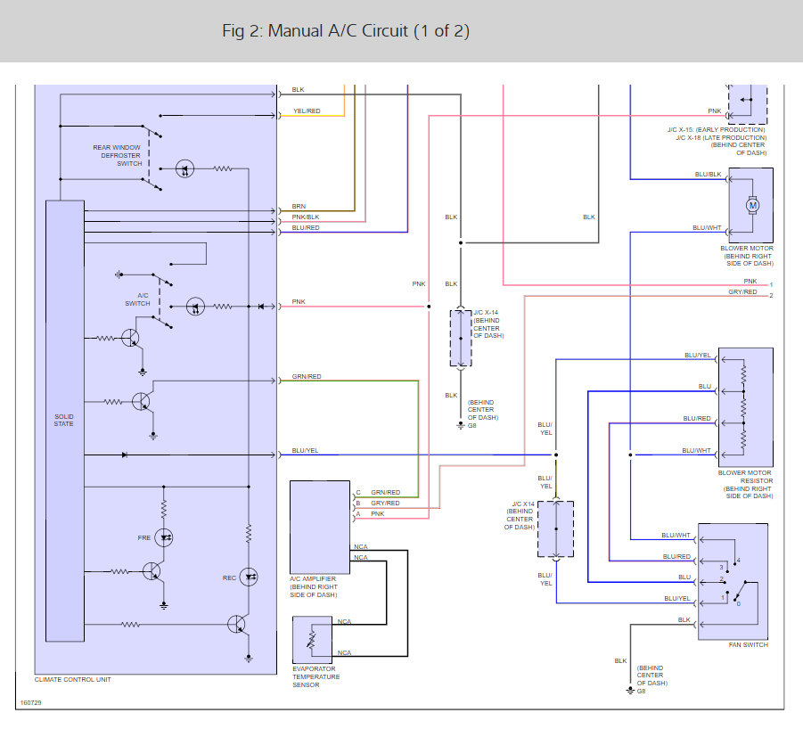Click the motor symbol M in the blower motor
(752, 205)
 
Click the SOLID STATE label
(64, 421)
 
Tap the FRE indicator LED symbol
(164, 537)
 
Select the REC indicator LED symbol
(249, 577)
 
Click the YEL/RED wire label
(307, 111)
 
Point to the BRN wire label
(299, 206)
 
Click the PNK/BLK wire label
(305, 217)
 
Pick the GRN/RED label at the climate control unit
(307, 376)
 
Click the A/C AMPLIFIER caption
(313, 578)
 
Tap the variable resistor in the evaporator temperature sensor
(311, 640)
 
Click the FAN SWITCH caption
(749, 645)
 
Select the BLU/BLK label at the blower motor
(708, 175)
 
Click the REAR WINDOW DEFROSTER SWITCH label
(118, 156)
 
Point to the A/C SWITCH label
(138, 299)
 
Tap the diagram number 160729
(30, 703)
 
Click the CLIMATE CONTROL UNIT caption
(73, 680)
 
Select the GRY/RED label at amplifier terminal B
(385, 504)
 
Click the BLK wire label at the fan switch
(684, 620)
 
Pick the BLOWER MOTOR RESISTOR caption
(746, 477)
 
